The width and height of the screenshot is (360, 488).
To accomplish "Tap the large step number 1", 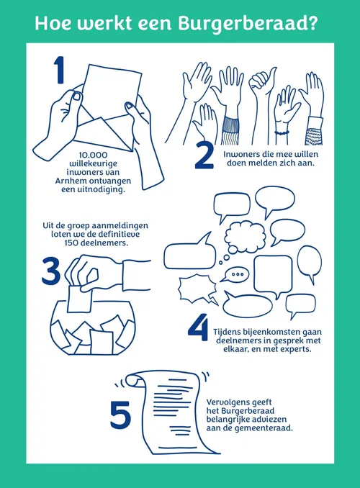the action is click(59, 70).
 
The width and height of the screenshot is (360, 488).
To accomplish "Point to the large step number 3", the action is click(51, 271).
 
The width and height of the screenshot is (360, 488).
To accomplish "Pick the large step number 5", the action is click(120, 415).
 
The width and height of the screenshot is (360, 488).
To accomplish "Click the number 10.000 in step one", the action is click(93, 155).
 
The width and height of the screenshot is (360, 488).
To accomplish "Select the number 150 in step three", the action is click(71, 243).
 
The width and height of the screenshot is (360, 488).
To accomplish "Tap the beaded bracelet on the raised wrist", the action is click(282, 133).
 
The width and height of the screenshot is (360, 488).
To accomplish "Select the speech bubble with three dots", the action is click(236, 274).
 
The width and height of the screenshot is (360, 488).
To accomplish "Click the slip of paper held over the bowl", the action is click(79, 299).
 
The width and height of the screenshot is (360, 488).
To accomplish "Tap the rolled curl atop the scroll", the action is click(132, 380).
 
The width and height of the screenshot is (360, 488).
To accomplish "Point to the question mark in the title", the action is click(312, 23).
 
